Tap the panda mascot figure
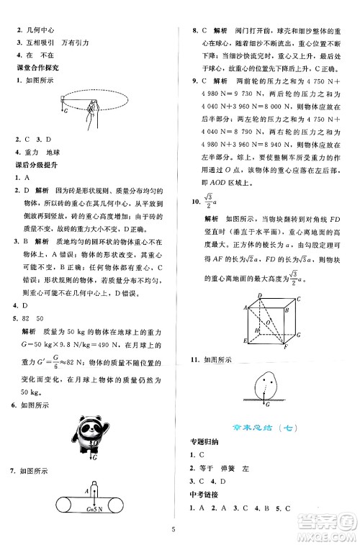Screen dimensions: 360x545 coord(89,435)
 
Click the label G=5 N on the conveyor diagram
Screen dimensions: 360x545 coord(95,512)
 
